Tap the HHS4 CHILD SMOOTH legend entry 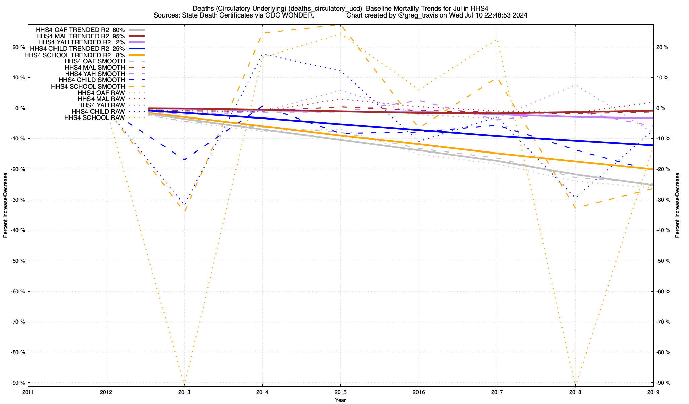[x=92, y=80]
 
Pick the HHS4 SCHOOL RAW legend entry [x=95, y=118]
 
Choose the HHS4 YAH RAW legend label [x=101, y=105]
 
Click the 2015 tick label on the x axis [x=340, y=392]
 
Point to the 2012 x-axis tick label [x=106, y=392]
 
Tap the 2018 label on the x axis [x=575, y=392]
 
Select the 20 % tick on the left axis [x=19, y=47]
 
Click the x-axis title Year [x=340, y=400]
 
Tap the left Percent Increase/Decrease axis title [x=5, y=205]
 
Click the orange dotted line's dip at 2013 [x=184, y=382]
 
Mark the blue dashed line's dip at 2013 [x=184, y=159]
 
